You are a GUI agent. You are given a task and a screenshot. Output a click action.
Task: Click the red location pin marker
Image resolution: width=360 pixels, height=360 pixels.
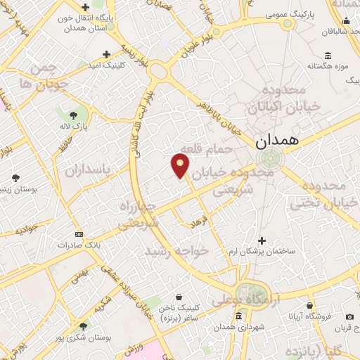click(181, 165)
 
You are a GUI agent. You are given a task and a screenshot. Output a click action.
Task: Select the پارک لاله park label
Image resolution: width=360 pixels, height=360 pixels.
click(74, 126)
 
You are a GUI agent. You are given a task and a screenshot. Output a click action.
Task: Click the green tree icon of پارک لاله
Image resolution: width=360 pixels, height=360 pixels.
click(74, 114)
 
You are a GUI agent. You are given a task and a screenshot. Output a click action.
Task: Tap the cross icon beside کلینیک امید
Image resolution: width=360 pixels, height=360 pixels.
click(105, 54)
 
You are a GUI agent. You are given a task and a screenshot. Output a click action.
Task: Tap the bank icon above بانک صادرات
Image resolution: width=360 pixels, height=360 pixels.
click(77, 234)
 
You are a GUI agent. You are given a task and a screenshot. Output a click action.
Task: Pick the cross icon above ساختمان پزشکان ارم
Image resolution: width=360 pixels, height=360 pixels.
click(262, 240)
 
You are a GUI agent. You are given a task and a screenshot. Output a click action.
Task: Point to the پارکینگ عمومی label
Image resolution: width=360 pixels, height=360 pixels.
click(288, 13)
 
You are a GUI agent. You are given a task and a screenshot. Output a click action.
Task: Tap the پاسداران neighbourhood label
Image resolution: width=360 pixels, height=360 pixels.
click(88, 170)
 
